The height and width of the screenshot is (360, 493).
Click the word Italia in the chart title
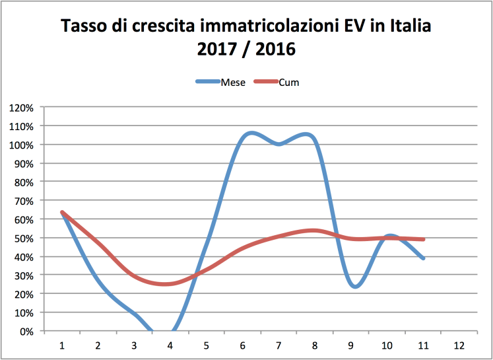409,27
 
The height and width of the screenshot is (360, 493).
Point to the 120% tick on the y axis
24,107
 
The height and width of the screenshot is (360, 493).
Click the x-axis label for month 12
459,345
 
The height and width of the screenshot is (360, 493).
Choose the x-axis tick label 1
61,345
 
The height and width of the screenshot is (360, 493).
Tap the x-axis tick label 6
242,345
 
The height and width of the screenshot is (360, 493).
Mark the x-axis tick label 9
350,345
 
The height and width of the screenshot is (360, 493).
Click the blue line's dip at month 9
355,287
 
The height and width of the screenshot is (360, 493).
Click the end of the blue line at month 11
423,258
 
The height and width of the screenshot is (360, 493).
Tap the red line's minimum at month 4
166,284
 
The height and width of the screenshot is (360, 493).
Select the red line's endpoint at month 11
423,239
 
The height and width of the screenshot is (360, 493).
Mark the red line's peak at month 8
314,230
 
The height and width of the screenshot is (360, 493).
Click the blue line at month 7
279,144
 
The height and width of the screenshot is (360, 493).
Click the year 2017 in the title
219,49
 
